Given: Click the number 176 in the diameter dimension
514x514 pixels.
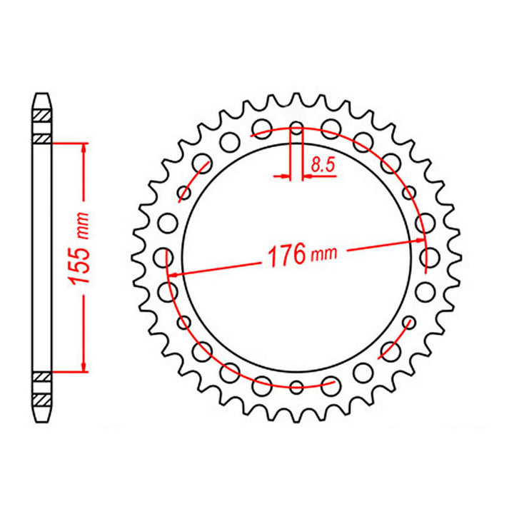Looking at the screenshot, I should [x=286, y=255].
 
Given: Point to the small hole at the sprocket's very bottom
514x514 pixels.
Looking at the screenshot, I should [x=297, y=387].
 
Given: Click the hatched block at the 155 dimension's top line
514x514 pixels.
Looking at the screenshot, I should [x=43, y=138].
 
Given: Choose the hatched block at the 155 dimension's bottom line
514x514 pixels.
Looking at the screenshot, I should [x=43, y=376].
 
